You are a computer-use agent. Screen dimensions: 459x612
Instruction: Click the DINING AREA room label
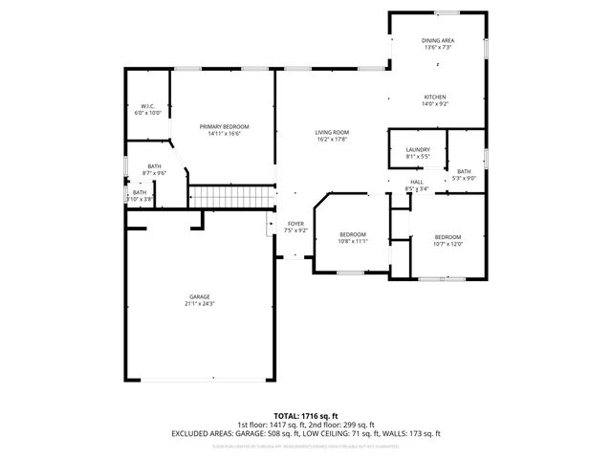coord(438,40)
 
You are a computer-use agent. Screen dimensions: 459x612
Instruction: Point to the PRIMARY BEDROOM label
coord(224,126)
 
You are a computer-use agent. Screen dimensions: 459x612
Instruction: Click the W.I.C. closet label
coord(147,106)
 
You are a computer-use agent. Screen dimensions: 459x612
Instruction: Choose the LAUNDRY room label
coord(418,149)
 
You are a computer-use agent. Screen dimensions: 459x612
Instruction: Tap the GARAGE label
coord(200,296)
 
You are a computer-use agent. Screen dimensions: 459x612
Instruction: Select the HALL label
coord(417,182)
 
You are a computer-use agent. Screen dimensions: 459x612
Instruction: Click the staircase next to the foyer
coord(233,197)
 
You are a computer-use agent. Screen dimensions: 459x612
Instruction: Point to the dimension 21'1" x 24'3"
coord(200,304)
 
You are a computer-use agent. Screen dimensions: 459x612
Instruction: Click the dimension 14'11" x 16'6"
coord(224,134)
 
